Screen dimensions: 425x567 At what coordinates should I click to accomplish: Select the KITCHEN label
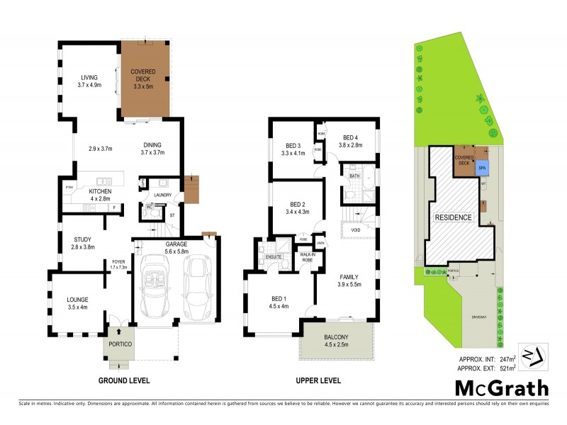point(99,191)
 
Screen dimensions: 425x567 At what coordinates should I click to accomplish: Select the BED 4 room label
point(352,137)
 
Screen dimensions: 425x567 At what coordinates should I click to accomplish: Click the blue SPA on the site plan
point(482,168)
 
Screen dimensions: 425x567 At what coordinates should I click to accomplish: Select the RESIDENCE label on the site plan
point(454,217)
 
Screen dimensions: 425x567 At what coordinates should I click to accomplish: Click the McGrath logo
point(502,387)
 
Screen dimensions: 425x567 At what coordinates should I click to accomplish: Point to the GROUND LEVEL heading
point(124,380)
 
